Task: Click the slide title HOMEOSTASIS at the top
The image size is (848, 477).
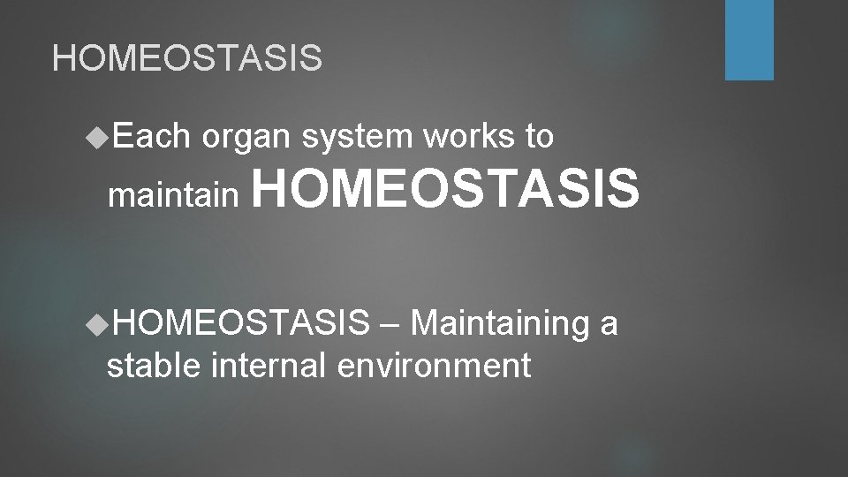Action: pos(187,58)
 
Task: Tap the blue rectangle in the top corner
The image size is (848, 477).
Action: pos(749,40)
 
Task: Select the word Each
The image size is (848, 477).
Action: pos(152,137)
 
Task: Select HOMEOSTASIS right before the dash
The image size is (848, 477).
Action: pos(241,324)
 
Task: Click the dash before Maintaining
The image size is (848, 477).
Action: pos(390,325)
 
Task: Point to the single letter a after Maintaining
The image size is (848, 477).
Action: pos(609,325)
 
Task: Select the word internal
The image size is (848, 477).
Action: pos(269,364)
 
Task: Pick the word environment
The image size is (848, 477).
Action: pos(435,364)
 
